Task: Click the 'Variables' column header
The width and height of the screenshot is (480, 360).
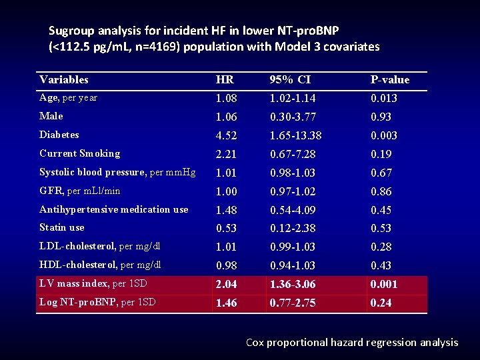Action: (x=64, y=80)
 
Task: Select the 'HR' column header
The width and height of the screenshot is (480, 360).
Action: (x=225, y=80)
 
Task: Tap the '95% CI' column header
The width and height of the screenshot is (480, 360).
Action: (x=290, y=80)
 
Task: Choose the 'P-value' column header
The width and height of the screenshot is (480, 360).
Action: (x=390, y=80)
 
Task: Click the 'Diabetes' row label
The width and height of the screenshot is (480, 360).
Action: (x=59, y=135)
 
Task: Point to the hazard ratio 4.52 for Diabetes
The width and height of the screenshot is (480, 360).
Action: (x=227, y=135)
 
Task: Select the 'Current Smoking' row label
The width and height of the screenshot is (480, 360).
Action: (x=80, y=153)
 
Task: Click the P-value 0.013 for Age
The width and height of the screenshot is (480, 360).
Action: (x=384, y=98)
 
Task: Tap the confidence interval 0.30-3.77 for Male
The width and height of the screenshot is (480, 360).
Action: (x=293, y=117)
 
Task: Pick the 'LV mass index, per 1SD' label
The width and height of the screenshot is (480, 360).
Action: (x=93, y=284)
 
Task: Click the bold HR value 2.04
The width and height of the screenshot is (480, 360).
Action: (x=227, y=285)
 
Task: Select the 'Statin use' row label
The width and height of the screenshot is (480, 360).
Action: (x=62, y=228)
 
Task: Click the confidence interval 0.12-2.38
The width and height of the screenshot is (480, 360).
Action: (x=293, y=229)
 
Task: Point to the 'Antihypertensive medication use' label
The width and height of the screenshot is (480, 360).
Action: (x=114, y=209)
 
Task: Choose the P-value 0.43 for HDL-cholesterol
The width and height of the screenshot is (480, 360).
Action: (x=381, y=266)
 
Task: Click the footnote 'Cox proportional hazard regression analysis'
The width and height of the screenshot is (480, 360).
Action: (x=352, y=343)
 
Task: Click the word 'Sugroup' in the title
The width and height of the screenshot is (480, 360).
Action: (x=71, y=31)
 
